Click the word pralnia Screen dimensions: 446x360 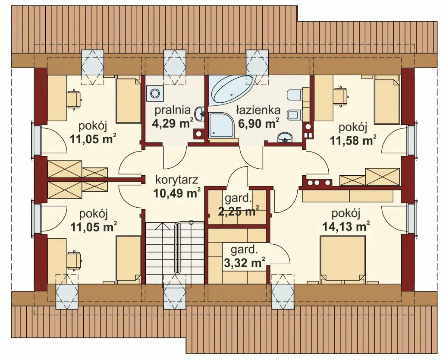point(173,110)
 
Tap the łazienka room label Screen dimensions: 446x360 point(258,110)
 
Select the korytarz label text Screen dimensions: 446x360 point(177,180)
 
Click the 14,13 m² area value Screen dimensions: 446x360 point(346,227)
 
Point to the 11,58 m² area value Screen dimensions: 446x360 point(353,140)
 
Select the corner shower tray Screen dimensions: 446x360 point(221,125)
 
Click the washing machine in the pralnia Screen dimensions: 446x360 point(154,93)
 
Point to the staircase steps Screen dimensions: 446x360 point(175,252)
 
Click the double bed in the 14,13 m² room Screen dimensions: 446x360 point(342,259)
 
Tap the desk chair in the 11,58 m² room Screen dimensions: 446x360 point(341,97)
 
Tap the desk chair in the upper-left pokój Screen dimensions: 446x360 point(74,99)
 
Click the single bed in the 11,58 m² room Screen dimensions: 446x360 point(387,100)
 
